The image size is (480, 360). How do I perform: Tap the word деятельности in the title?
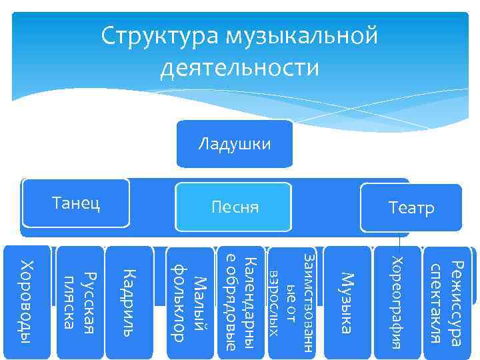(x=240, y=67)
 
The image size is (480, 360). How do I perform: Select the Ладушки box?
(x=235, y=143)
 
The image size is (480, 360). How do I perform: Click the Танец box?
(x=76, y=203)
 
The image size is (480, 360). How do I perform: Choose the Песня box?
(x=234, y=208)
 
